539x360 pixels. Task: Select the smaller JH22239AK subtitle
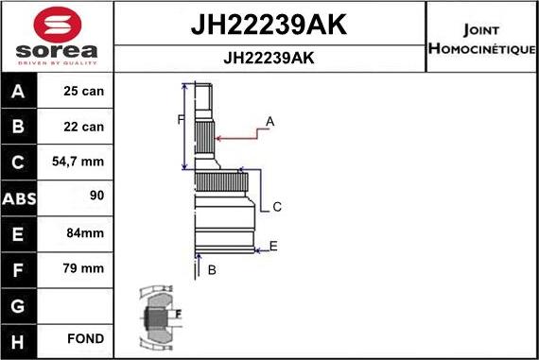269,58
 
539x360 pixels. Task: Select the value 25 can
84,93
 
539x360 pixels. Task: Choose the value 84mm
84,233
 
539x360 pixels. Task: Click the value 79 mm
84,268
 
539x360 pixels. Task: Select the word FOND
85,338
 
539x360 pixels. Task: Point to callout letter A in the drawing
269,121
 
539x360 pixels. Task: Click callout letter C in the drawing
277,207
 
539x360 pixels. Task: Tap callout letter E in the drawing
273,247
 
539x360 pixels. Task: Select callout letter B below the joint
212,270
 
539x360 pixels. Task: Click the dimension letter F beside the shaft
180,119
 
